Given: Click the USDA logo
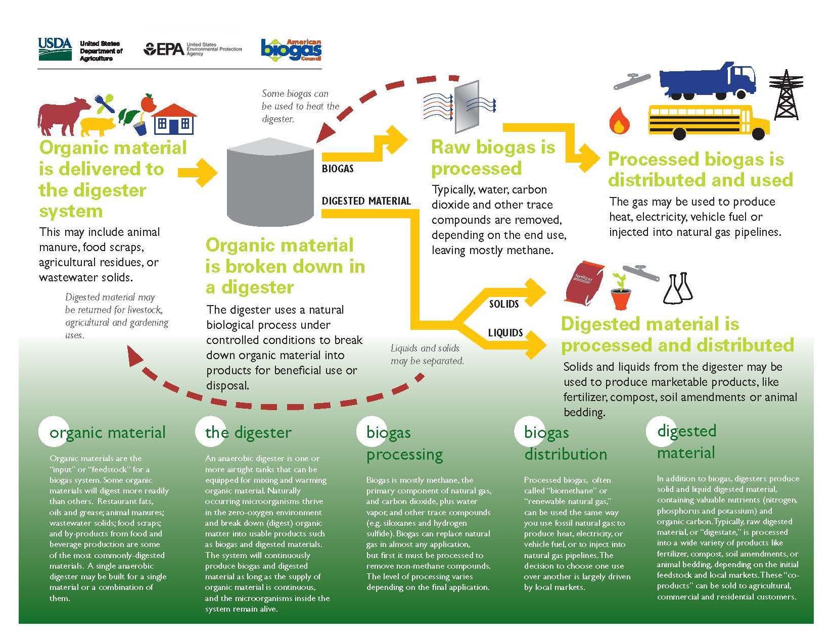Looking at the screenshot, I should tap(55, 49).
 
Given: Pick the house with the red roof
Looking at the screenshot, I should tap(173, 119).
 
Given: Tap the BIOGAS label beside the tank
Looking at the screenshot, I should tap(338, 169).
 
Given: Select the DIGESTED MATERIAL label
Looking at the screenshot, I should tap(366, 201).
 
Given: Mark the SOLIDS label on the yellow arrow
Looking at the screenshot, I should tap(504, 304).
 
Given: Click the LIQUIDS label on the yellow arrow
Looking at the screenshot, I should tap(505, 333).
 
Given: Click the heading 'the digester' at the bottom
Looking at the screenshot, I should tap(248, 432).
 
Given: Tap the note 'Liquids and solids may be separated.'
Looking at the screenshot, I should tap(427, 355).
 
